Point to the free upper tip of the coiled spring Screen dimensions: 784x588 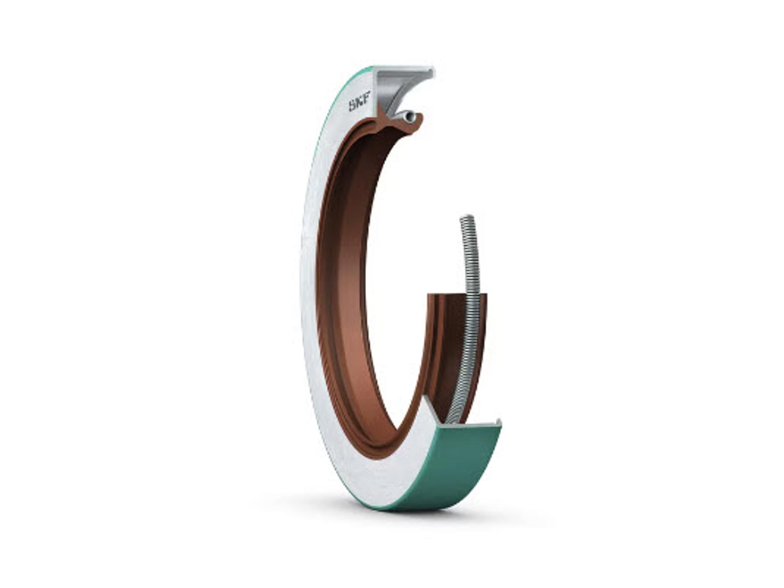[466, 218]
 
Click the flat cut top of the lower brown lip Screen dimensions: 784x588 [458, 294]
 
